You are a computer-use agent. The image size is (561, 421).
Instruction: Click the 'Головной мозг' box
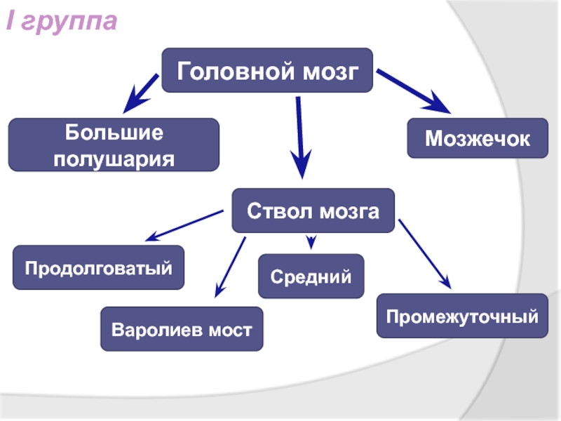267,70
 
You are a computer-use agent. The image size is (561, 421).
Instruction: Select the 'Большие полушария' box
114,145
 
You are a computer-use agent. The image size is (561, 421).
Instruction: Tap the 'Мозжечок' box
478,138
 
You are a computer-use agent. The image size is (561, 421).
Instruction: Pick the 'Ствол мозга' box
313,210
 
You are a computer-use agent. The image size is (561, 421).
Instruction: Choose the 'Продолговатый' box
99,267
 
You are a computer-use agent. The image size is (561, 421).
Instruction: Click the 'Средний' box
311,276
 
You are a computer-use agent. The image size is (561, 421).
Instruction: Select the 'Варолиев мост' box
182,328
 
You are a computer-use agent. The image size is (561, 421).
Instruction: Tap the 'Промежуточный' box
462,317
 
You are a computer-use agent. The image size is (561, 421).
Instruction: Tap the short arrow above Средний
312,242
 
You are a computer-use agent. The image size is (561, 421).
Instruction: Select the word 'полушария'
114,157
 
